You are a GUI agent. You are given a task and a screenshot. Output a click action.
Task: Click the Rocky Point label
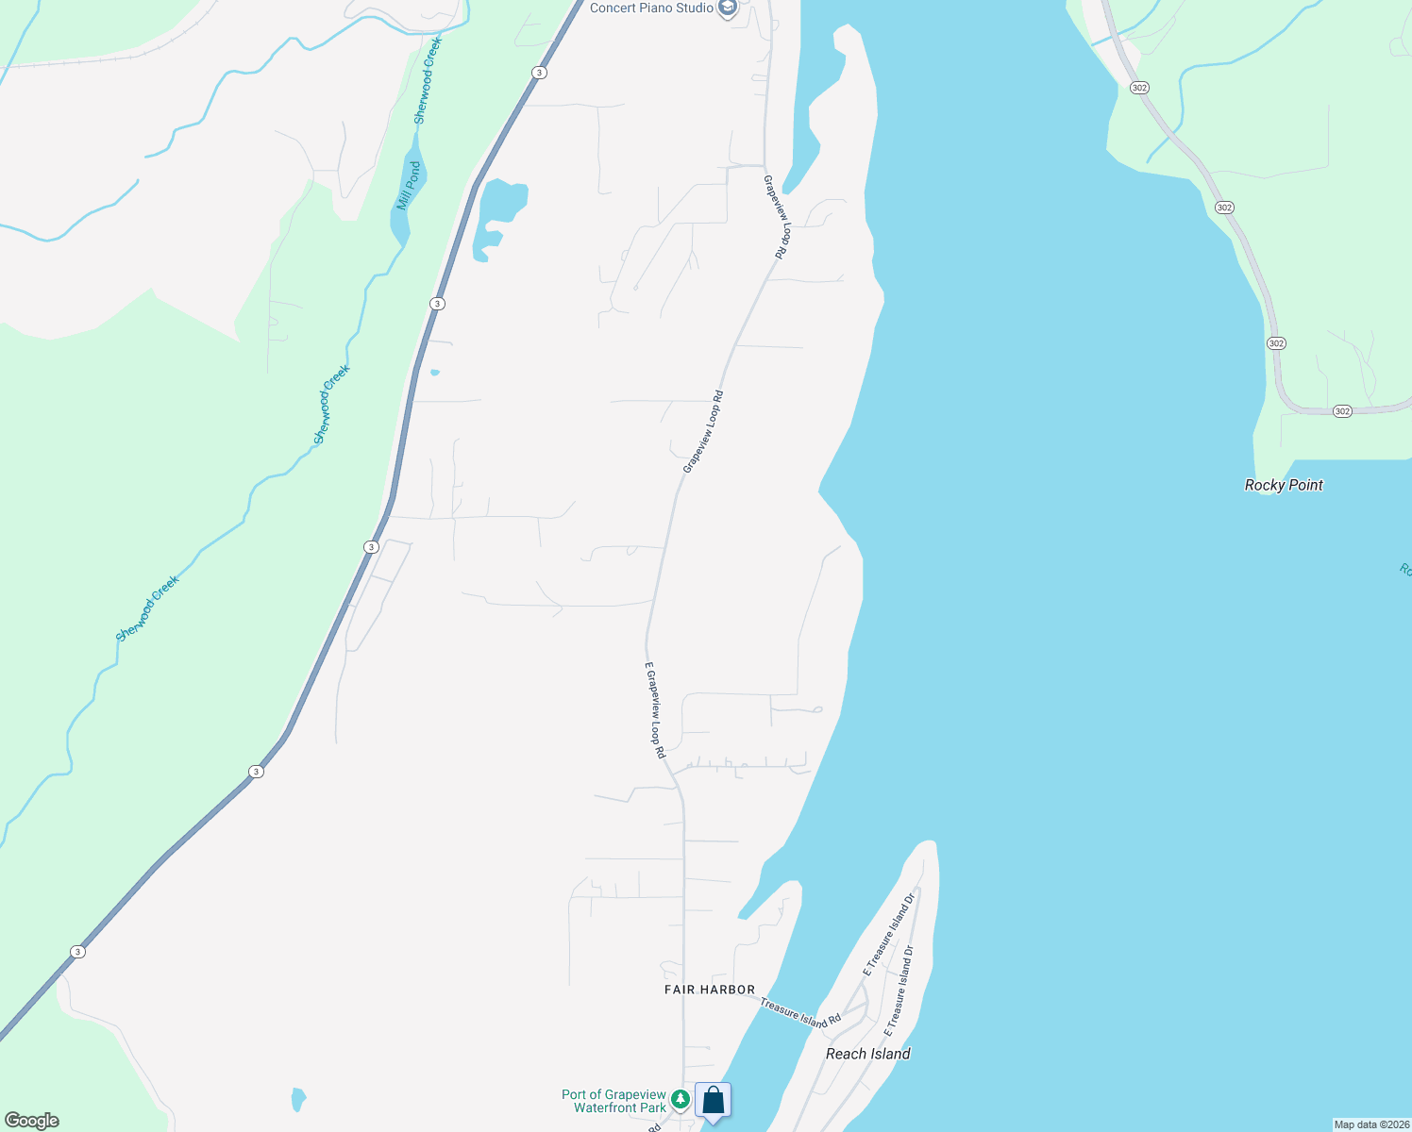click(1284, 485)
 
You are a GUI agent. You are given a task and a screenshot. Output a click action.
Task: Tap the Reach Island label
click(867, 1054)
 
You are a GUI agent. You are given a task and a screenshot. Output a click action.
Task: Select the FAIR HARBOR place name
click(710, 990)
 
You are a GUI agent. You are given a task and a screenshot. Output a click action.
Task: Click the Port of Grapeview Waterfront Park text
click(614, 1101)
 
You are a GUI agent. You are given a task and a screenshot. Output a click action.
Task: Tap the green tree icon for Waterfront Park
click(680, 1100)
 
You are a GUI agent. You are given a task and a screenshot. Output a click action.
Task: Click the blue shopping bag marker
click(714, 1100)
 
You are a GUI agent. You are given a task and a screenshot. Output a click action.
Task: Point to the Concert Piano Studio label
click(651, 8)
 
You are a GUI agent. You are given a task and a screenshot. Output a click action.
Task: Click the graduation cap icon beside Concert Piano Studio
click(728, 8)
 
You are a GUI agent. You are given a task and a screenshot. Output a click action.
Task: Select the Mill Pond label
click(409, 186)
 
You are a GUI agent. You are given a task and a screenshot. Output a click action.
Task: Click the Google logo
click(32, 1121)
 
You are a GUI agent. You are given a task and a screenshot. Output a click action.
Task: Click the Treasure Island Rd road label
click(800, 1013)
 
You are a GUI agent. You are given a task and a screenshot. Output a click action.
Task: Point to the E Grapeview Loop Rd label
click(655, 709)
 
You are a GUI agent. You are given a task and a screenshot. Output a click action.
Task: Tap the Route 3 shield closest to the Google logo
click(77, 952)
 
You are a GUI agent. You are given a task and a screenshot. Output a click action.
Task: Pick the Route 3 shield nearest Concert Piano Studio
click(538, 73)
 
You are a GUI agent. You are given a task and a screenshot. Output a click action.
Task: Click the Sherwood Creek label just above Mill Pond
click(428, 80)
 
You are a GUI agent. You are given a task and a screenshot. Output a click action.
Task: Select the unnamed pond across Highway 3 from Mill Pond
click(499, 211)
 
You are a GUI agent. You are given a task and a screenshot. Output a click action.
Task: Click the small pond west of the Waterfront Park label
click(298, 1099)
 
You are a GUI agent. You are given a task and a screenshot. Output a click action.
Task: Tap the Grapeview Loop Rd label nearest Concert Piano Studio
click(776, 217)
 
